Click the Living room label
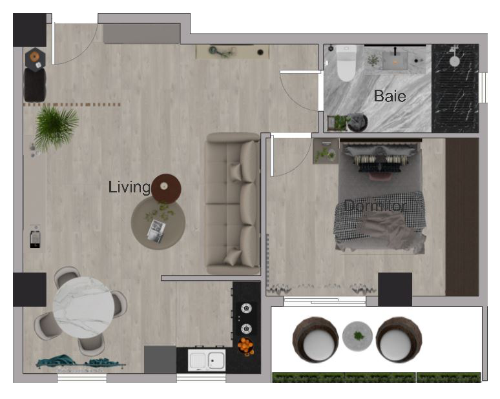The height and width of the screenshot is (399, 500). click(129, 187)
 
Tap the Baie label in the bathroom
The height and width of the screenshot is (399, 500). click(390, 96)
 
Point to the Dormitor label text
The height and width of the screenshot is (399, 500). click(375, 206)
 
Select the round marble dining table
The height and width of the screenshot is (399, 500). click(83, 307)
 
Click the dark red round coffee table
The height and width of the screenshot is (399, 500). click(166, 189)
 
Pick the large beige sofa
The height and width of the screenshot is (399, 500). click(233, 203)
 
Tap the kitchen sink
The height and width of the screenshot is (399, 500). click(207, 360)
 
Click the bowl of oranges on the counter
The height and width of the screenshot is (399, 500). click(245, 347)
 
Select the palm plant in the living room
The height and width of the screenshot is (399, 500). click(56, 127)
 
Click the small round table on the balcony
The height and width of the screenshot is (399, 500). click(357, 336)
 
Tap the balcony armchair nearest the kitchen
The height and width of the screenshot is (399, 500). click(315, 340)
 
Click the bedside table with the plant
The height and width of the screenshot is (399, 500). click(326, 151)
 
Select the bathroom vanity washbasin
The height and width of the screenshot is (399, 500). click(395, 61)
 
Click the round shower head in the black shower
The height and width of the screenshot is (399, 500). click(454, 61)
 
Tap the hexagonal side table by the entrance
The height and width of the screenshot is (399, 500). click(35, 58)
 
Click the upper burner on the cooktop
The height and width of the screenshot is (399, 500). click(246, 308)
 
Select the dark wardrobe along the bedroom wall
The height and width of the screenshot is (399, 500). click(462, 217)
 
